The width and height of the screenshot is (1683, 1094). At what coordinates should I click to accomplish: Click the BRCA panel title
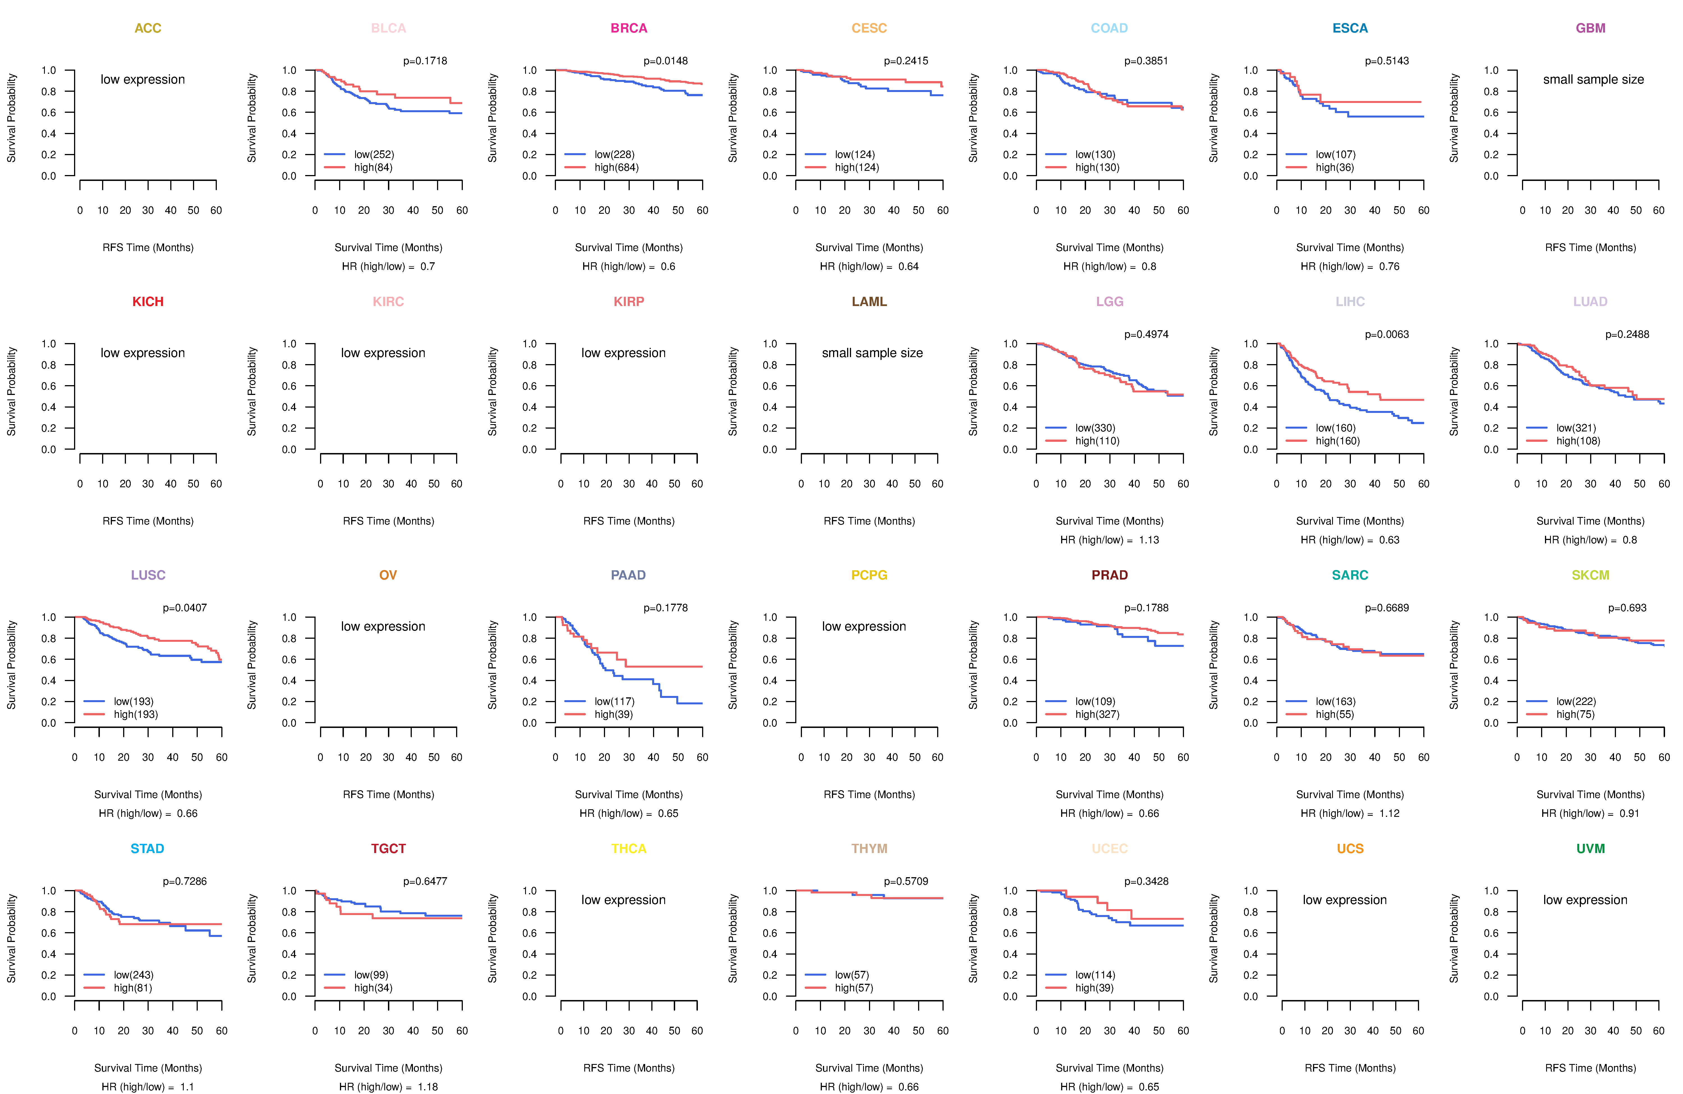click(629, 28)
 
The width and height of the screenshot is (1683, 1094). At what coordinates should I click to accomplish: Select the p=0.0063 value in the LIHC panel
click(1387, 334)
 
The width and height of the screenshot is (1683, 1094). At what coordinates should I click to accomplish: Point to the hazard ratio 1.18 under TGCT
click(428, 1087)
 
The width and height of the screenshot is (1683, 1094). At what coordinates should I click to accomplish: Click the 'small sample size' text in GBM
click(1593, 79)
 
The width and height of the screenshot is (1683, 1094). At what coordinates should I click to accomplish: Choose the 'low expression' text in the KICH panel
click(143, 353)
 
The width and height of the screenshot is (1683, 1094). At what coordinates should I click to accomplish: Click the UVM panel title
click(1590, 849)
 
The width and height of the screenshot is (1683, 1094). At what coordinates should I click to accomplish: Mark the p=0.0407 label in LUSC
click(185, 608)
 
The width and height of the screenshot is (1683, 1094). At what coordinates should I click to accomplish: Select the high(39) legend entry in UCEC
click(1095, 988)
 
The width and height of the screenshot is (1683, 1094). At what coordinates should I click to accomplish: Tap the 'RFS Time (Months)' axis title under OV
click(388, 795)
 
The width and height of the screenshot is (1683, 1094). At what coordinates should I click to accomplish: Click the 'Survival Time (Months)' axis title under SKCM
click(1590, 795)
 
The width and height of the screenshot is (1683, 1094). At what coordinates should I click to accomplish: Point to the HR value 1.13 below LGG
click(1149, 540)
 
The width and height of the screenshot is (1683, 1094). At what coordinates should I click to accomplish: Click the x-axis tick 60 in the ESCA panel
click(1424, 211)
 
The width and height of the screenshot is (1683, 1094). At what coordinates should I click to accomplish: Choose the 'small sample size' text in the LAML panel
click(872, 353)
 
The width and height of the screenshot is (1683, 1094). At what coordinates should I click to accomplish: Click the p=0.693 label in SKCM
click(1627, 608)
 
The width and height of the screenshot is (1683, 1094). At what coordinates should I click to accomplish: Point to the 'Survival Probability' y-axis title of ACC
click(11, 118)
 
